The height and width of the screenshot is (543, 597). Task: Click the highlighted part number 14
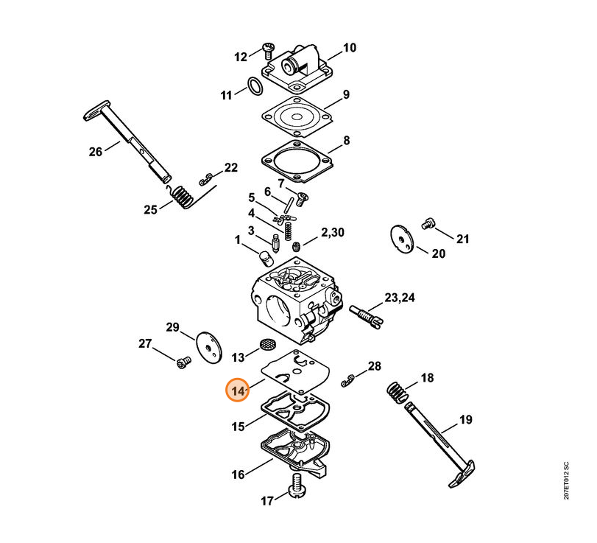pyautogui.click(x=238, y=390)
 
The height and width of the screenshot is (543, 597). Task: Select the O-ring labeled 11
pyautogui.click(x=254, y=88)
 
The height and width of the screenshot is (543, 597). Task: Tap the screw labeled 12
pyautogui.click(x=266, y=51)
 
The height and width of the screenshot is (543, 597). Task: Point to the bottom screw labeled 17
pyautogui.click(x=298, y=487)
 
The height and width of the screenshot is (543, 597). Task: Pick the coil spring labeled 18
pyautogui.click(x=398, y=393)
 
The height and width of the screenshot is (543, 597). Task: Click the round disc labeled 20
pyautogui.click(x=402, y=238)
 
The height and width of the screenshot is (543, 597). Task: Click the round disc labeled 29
pyautogui.click(x=210, y=347)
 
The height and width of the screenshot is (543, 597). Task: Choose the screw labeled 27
pyautogui.click(x=183, y=361)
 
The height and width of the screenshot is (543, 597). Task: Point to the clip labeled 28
pyautogui.click(x=349, y=381)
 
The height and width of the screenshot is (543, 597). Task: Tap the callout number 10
pyautogui.click(x=349, y=49)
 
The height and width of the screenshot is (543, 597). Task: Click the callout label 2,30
pyautogui.click(x=331, y=234)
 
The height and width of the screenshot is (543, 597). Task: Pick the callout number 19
pyautogui.click(x=466, y=421)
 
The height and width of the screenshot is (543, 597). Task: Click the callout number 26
pyautogui.click(x=96, y=153)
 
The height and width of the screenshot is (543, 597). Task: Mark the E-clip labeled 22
pyautogui.click(x=207, y=178)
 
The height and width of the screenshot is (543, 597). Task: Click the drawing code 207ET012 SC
pyautogui.click(x=565, y=480)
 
